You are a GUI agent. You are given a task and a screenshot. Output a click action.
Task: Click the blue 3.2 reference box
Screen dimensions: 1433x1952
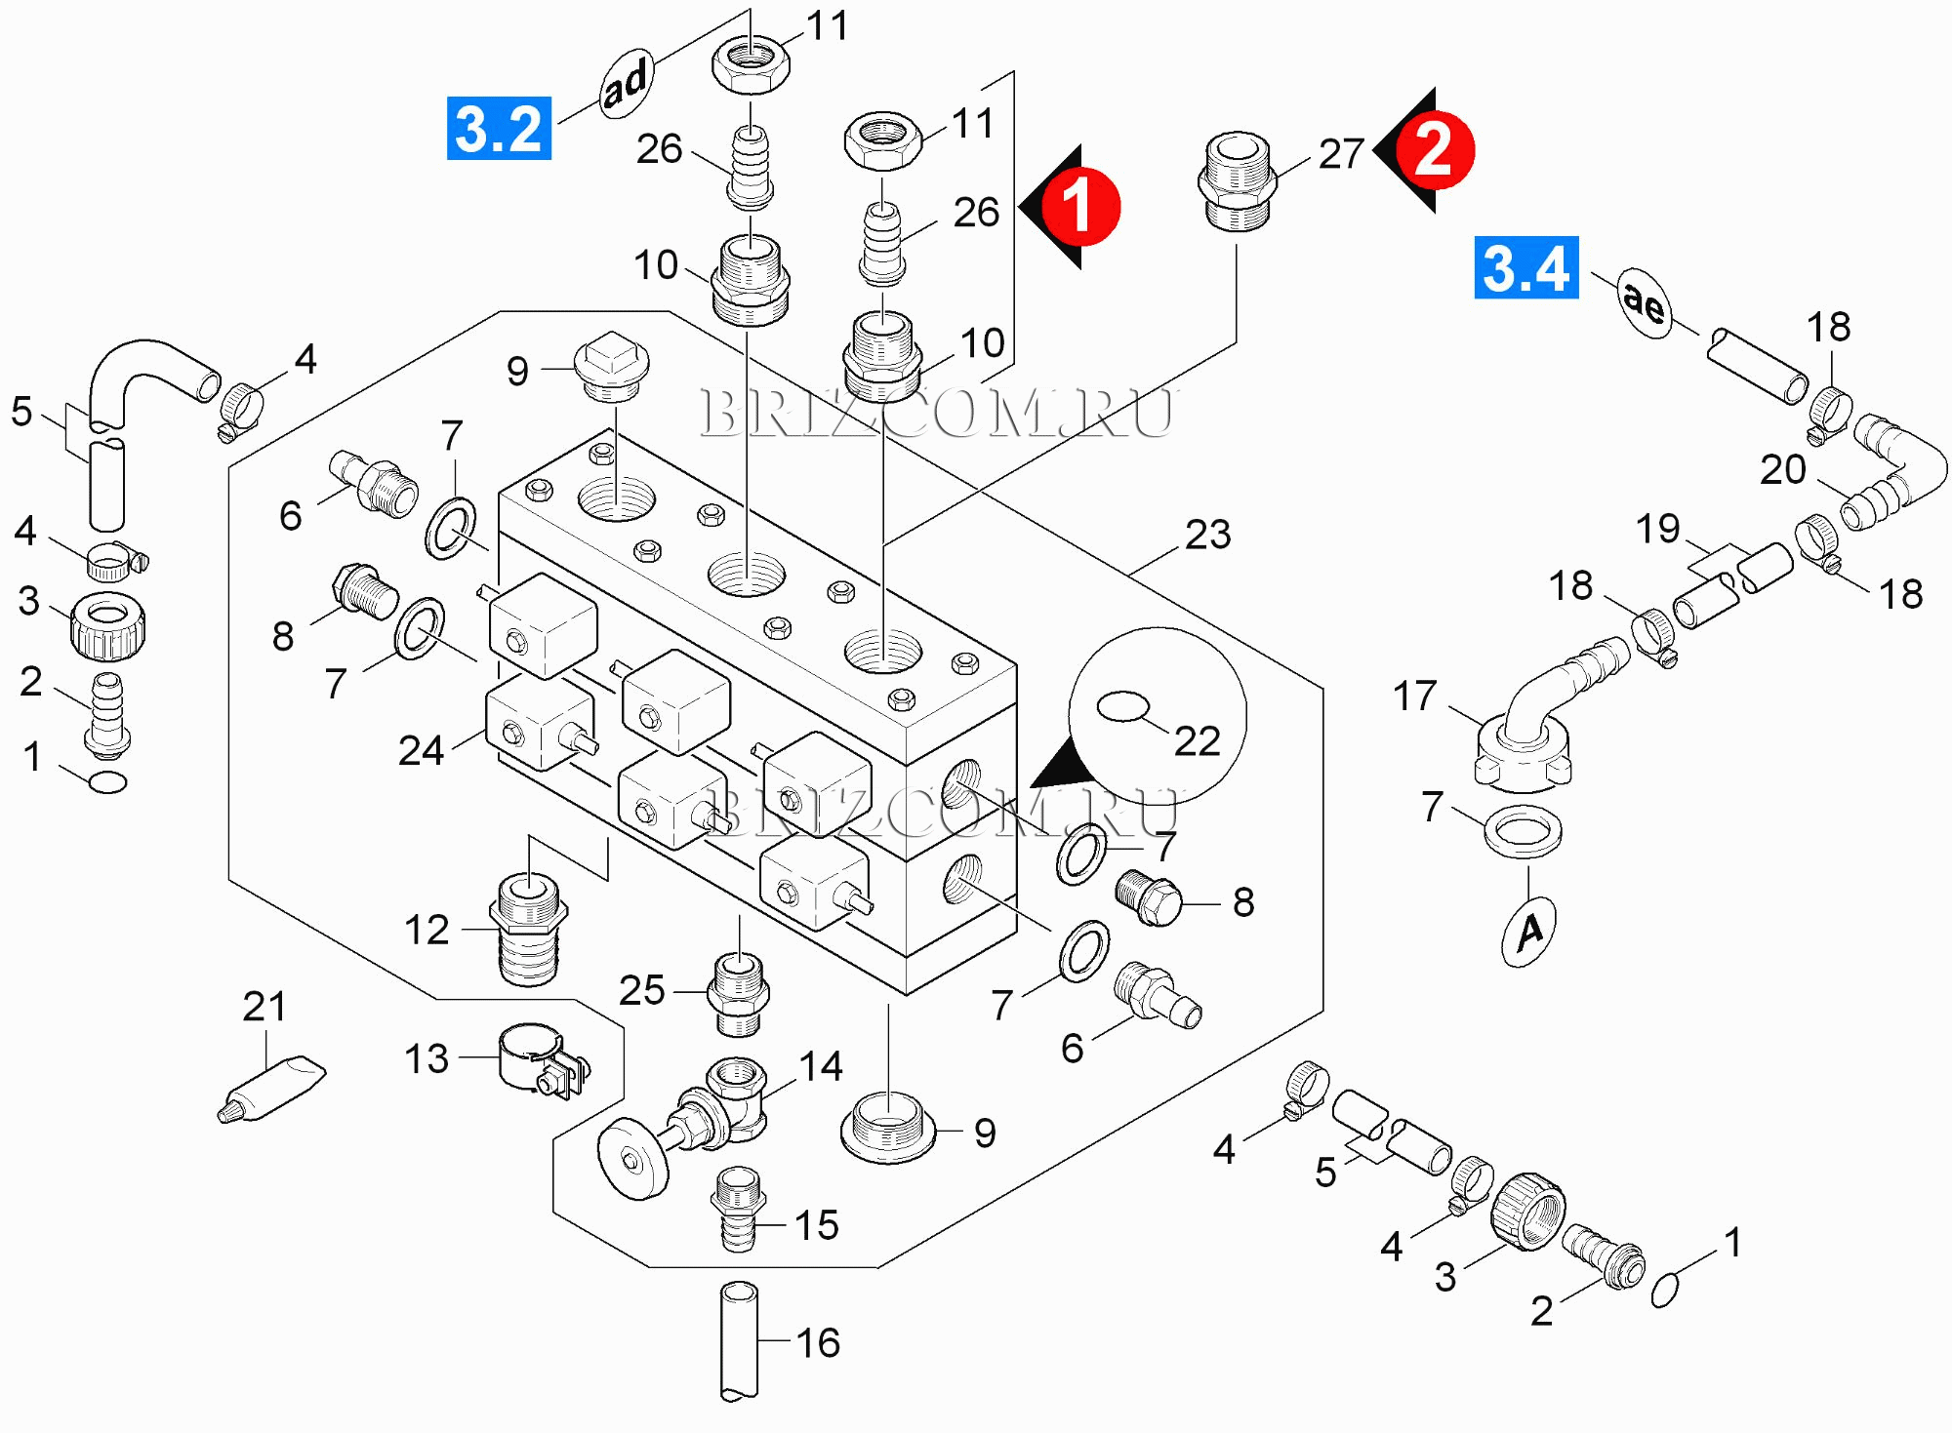point(499,128)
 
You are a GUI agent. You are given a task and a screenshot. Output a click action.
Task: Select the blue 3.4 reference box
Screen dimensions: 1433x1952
point(1525,267)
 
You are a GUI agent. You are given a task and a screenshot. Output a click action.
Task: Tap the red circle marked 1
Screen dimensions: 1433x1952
point(1079,206)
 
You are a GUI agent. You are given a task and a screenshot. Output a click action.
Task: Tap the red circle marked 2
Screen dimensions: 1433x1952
point(1434,150)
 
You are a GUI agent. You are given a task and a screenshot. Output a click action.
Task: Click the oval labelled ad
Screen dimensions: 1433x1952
point(626,85)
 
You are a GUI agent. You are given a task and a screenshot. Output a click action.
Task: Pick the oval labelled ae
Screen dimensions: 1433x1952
point(1645,303)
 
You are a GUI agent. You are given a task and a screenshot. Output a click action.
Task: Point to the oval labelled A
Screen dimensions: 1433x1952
point(1528,932)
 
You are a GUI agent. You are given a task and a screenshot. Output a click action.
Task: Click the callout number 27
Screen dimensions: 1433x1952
point(1341,154)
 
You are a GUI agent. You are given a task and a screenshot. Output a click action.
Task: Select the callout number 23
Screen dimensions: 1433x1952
point(1207,535)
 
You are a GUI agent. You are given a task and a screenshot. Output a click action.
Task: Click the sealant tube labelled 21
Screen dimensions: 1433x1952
point(271,1089)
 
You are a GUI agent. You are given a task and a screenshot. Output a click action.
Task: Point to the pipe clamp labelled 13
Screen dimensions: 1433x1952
point(540,1059)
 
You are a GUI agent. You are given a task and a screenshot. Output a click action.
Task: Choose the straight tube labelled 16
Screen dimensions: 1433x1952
point(738,1341)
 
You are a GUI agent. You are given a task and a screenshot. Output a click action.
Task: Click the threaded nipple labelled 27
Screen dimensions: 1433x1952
point(1237,182)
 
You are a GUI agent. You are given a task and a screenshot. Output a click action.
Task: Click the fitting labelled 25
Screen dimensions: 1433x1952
point(739,994)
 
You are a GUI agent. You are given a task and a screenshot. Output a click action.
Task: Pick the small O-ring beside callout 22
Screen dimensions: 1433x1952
point(1123,706)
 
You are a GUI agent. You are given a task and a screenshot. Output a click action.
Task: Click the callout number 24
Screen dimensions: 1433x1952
point(421,751)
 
